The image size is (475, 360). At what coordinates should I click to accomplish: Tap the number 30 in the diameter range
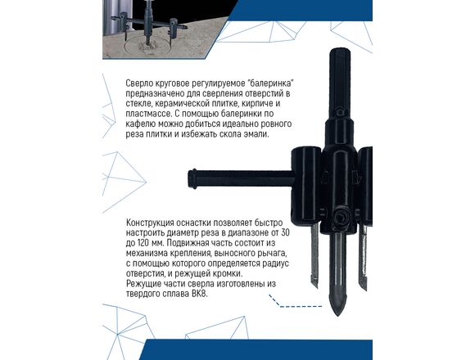click(285, 233)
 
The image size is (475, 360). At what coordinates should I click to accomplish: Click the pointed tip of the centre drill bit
click(337, 314)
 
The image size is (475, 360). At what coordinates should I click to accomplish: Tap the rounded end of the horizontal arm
click(192, 179)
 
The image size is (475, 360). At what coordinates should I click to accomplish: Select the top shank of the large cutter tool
click(340, 83)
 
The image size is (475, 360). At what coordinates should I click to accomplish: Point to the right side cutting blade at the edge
click(363, 257)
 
